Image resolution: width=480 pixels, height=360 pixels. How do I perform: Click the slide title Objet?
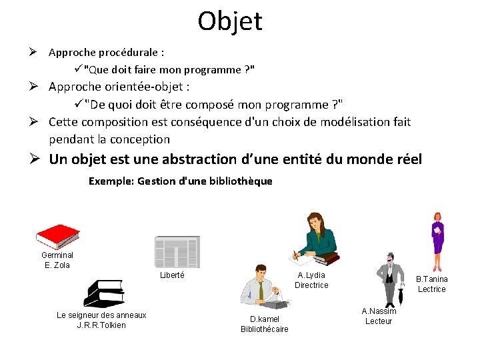(230, 21)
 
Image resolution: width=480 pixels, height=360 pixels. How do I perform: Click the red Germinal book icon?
(58, 236)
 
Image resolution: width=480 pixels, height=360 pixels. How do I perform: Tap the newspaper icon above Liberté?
(177, 251)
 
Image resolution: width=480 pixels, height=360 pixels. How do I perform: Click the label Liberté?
(172, 275)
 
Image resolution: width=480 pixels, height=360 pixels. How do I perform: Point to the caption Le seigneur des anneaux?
(101, 315)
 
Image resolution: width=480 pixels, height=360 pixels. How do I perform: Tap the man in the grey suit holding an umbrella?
(389, 279)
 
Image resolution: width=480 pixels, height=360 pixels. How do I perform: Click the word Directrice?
(311, 285)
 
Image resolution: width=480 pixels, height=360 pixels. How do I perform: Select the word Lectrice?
(431, 289)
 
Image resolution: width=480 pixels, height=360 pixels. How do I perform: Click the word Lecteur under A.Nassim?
(379, 321)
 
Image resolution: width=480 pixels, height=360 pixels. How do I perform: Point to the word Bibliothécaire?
(264, 329)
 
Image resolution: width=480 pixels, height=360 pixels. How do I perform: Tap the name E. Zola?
(57, 265)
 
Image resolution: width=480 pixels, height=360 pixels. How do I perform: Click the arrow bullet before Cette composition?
(39, 122)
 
